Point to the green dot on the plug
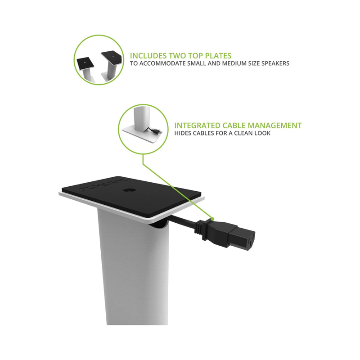coord(212,219)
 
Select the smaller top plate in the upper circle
coord(85,63)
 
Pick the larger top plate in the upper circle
coord(112,57)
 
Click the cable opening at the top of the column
coord(159,225)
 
